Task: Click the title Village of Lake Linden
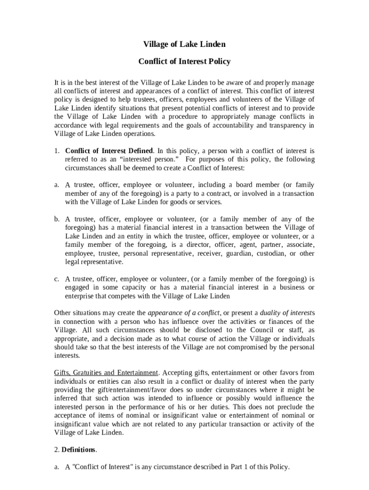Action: click(x=184, y=44)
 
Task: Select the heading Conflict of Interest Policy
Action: click(x=184, y=61)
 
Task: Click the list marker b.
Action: click(x=57, y=219)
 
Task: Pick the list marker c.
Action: click(x=57, y=279)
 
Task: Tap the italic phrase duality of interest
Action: click(x=285, y=313)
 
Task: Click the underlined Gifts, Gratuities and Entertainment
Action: click(x=106, y=373)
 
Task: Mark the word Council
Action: click(x=261, y=330)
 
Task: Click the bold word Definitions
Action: click(x=79, y=450)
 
